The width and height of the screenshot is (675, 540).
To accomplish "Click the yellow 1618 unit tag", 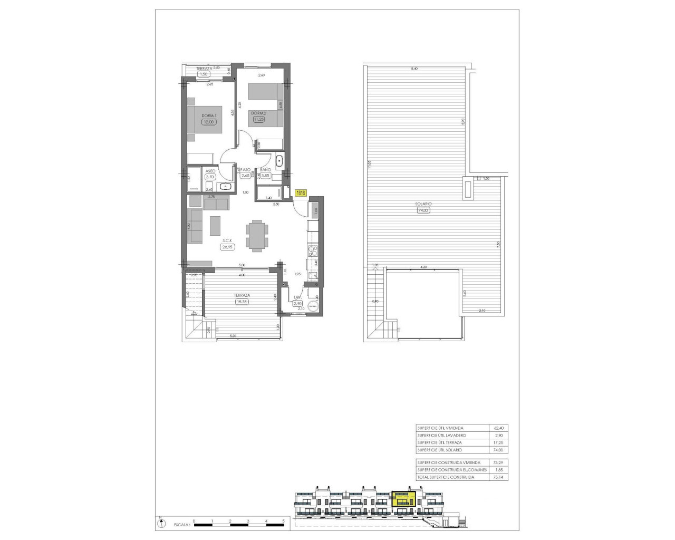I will pyautogui.click(x=301, y=193).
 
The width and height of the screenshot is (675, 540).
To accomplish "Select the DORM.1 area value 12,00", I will pyautogui.click(x=209, y=122).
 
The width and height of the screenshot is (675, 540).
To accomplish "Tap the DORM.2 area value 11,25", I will pyautogui.click(x=258, y=119).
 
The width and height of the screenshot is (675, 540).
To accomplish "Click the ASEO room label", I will pyautogui.click(x=210, y=171).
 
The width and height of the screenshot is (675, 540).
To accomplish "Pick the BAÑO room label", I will pyautogui.click(x=265, y=169).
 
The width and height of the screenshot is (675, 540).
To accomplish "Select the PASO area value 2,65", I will pyautogui.click(x=245, y=176).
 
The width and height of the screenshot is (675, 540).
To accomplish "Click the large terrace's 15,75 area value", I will pyautogui.click(x=242, y=302).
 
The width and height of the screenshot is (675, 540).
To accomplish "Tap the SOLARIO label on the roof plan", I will pyautogui.click(x=423, y=204).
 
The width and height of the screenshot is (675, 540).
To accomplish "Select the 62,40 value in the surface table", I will pyautogui.click(x=498, y=428).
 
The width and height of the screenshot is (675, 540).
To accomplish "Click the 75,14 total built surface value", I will pyautogui.click(x=498, y=477).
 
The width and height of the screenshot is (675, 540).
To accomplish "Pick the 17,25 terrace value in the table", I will pyautogui.click(x=498, y=442).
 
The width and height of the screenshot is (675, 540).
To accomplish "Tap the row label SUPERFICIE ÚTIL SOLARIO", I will pyautogui.click(x=439, y=450).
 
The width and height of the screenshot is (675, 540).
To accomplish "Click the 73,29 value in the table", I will pyautogui.click(x=498, y=462).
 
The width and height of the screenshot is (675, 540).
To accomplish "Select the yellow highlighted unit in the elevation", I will pyautogui.click(x=403, y=499).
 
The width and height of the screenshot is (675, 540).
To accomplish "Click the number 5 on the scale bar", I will pyautogui.click(x=284, y=520).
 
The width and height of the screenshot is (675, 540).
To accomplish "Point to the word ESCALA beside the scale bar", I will pyautogui.click(x=181, y=525).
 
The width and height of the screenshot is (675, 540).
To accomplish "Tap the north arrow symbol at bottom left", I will pyautogui.click(x=159, y=524).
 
